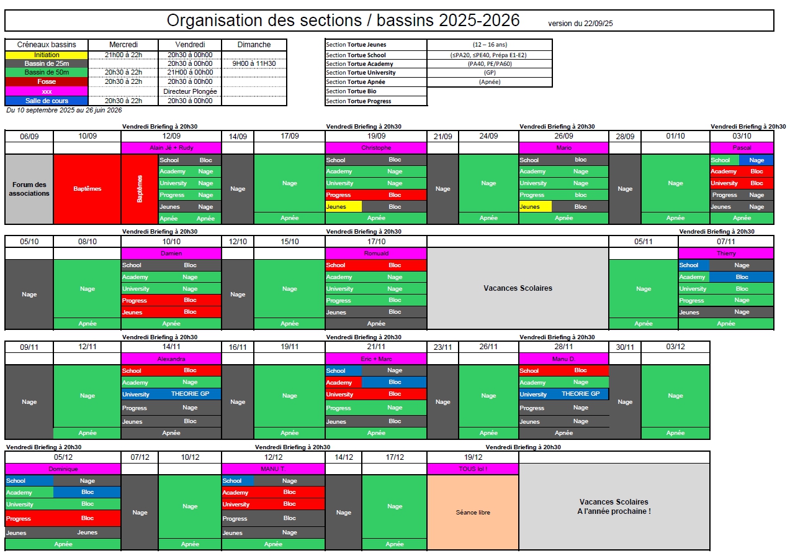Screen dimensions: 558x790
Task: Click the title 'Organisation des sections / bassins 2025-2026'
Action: click(x=343, y=21)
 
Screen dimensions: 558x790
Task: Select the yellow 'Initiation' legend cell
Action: click(x=47, y=55)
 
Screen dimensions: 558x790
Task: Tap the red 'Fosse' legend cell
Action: click(x=47, y=81)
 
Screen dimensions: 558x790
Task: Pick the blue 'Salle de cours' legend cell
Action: click(x=47, y=101)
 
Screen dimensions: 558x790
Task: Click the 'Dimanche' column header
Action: click(x=254, y=45)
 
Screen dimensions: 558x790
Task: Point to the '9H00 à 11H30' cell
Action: click(x=254, y=63)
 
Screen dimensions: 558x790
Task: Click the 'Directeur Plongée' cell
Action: click(x=190, y=91)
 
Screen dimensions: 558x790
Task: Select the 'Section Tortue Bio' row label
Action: click(x=376, y=91)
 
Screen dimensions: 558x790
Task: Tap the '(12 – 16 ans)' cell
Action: click(x=489, y=45)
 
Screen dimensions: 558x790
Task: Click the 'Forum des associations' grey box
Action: click(x=29, y=189)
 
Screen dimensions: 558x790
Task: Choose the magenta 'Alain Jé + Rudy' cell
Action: click(x=171, y=148)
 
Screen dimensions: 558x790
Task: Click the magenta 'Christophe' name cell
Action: click(x=376, y=148)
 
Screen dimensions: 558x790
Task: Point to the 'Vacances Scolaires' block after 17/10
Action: click(x=518, y=288)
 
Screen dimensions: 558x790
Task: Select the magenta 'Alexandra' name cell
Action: click(x=171, y=359)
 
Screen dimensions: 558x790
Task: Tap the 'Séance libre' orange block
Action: click(x=473, y=513)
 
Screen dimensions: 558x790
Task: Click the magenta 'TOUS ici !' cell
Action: click(x=473, y=469)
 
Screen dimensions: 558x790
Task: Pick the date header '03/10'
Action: click(x=742, y=136)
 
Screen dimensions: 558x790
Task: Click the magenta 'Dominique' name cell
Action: click(x=63, y=469)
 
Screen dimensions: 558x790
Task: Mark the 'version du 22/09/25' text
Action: click(x=580, y=24)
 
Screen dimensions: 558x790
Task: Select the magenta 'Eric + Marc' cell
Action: click(x=376, y=359)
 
